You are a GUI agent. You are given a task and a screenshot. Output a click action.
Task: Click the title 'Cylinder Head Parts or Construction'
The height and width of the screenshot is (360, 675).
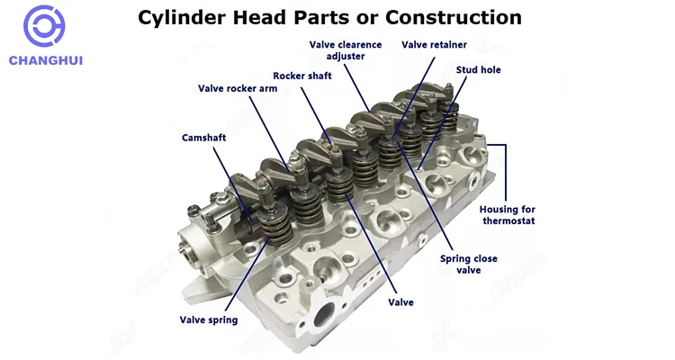coord(329,17)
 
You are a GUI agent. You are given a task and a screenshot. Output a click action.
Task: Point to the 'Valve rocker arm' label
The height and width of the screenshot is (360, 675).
coord(238,88)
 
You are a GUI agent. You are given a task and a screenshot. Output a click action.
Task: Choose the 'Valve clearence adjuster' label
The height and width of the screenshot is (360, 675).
coord(346,50)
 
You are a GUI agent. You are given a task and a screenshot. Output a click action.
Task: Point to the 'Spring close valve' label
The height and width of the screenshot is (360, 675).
coord(467,264)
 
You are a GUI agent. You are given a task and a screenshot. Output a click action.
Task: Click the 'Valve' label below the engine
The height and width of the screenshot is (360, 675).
coord(400,302)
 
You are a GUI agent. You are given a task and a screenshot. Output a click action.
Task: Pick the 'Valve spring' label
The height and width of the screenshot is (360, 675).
coord(209,320)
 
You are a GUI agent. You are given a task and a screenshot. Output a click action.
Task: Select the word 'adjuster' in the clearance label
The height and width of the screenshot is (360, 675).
coord(346,57)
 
